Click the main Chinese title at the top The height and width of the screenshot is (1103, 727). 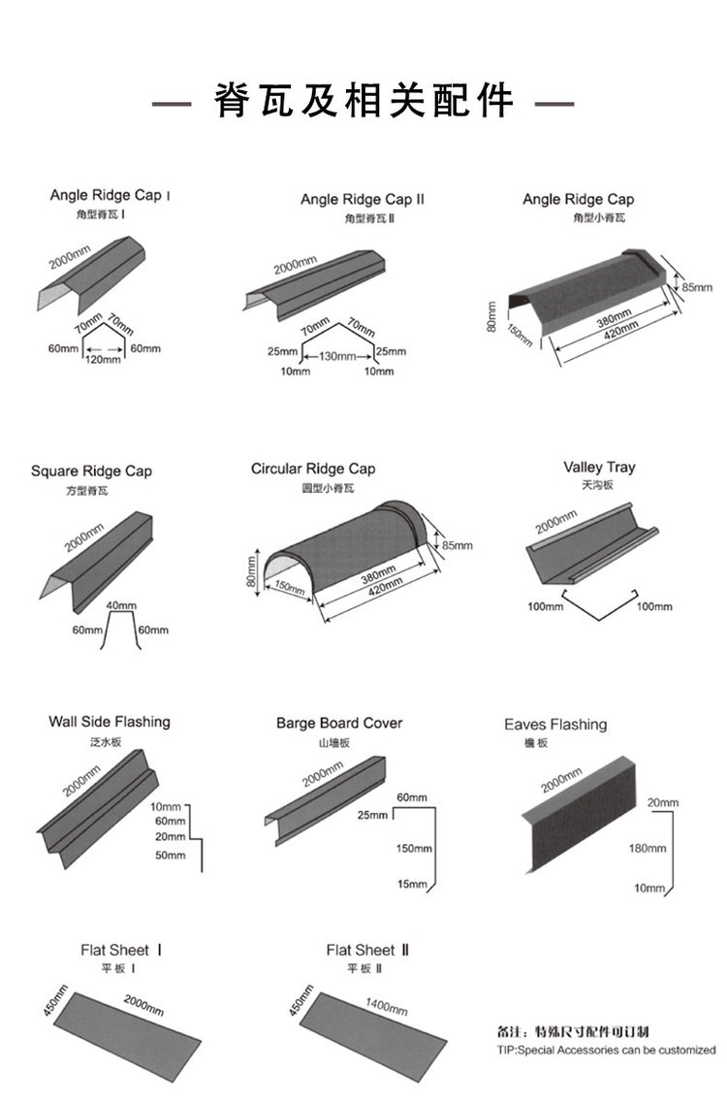coord(364,101)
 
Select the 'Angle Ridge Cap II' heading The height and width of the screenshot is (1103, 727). coord(363,199)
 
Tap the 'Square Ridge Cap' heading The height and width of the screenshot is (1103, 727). coord(91,471)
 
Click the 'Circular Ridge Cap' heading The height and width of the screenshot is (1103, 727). coord(313,469)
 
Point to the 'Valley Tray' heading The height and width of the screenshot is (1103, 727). coord(599,468)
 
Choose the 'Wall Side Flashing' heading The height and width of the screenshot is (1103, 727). coord(110,722)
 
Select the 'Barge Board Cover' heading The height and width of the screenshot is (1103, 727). coord(339,723)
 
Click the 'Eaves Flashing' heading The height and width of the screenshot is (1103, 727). coord(555,725)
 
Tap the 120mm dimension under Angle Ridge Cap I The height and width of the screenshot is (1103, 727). coord(101,360)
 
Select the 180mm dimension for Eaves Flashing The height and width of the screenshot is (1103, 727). coord(648,848)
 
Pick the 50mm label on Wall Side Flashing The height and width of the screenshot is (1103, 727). coord(170,855)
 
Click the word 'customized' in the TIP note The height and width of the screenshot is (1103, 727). coord(683,1050)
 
